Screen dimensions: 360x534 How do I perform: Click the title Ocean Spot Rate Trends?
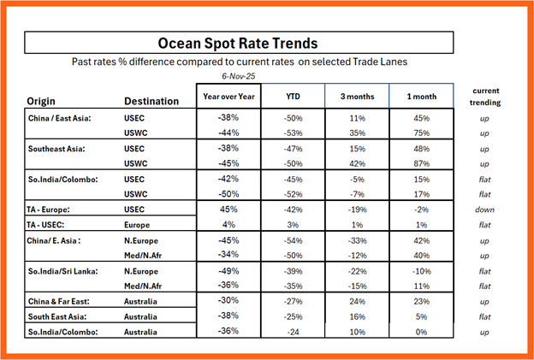pyautogui.click(x=238, y=43)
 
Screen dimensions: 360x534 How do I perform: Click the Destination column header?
pyautogui.click(x=151, y=101)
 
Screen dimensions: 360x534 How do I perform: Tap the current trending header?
pyautogui.click(x=486, y=96)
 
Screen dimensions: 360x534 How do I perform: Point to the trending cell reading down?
pyautogui.click(x=486, y=208)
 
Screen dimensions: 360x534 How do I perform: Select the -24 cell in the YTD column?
pyautogui.click(x=293, y=331)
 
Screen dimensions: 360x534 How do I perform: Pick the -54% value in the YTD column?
pyautogui.click(x=293, y=240)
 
